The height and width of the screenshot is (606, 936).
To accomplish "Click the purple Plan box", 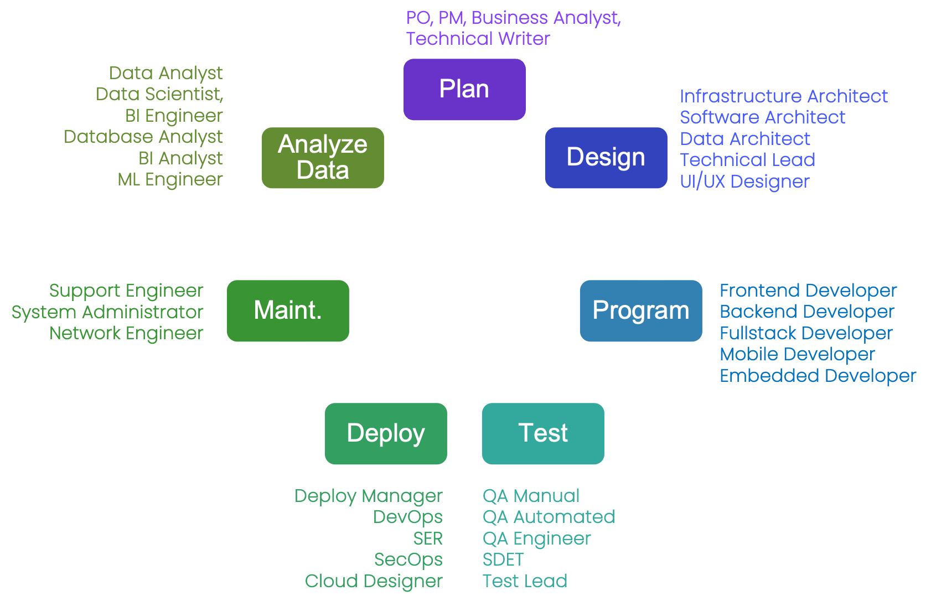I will [x=464, y=89].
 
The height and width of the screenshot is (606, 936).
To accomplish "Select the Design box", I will [x=606, y=158].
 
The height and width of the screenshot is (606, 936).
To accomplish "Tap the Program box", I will [x=640, y=310].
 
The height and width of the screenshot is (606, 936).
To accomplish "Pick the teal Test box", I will [x=542, y=433].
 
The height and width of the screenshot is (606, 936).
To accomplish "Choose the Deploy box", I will [x=385, y=433].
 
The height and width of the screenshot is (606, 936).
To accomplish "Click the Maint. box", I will [x=287, y=310].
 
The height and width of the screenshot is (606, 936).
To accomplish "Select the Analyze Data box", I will [x=322, y=158].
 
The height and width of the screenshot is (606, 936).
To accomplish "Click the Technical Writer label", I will [x=478, y=39].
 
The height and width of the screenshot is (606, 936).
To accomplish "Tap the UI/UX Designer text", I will [x=744, y=182].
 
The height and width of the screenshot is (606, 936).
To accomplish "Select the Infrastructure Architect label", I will [x=783, y=96].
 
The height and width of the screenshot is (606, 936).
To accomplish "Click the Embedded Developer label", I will [x=818, y=376].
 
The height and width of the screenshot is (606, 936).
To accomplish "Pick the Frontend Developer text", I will [x=808, y=291].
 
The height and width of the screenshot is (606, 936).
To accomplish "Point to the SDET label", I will [x=503, y=560].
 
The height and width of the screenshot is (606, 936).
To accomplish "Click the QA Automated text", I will [x=548, y=517].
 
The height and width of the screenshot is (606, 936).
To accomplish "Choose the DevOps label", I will [x=407, y=517].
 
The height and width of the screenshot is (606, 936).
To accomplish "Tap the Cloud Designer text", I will [x=374, y=581].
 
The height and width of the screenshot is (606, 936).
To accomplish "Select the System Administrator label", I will [x=107, y=312].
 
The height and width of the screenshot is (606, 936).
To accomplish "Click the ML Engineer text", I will [x=170, y=179].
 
